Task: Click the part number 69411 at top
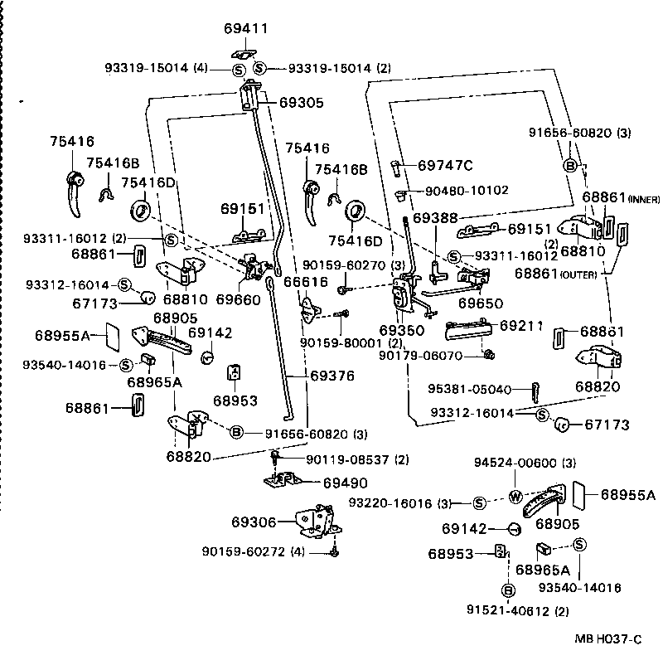pyautogui.click(x=246, y=28)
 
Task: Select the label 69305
pyautogui.click(x=301, y=104)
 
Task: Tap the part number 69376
pyautogui.click(x=332, y=376)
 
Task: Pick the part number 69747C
pyautogui.click(x=445, y=165)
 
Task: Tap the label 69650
pyautogui.click(x=482, y=304)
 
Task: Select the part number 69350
pyautogui.click(x=401, y=329)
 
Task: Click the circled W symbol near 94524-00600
pyautogui.click(x=515, y=498)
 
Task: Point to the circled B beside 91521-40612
pyautogui.click(x=507, y=590)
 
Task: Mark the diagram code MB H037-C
pyautogui.click(x=609, y=638)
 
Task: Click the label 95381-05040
pyautogui.click(x=468, y=388)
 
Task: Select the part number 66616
pyautogui.click(x=306, y=283)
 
